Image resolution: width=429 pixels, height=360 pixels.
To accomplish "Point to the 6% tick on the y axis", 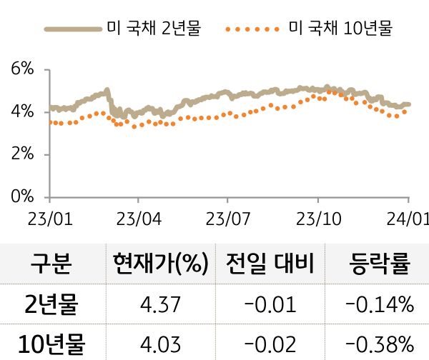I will click(23, 69).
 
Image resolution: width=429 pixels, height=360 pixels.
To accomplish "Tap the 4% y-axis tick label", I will click(23, 112).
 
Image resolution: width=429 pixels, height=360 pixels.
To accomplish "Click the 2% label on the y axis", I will click(23, 154).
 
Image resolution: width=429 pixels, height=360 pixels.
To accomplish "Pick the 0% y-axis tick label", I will click(23, 197).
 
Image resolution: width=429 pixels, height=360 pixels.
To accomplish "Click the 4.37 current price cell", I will click(160, 306).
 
